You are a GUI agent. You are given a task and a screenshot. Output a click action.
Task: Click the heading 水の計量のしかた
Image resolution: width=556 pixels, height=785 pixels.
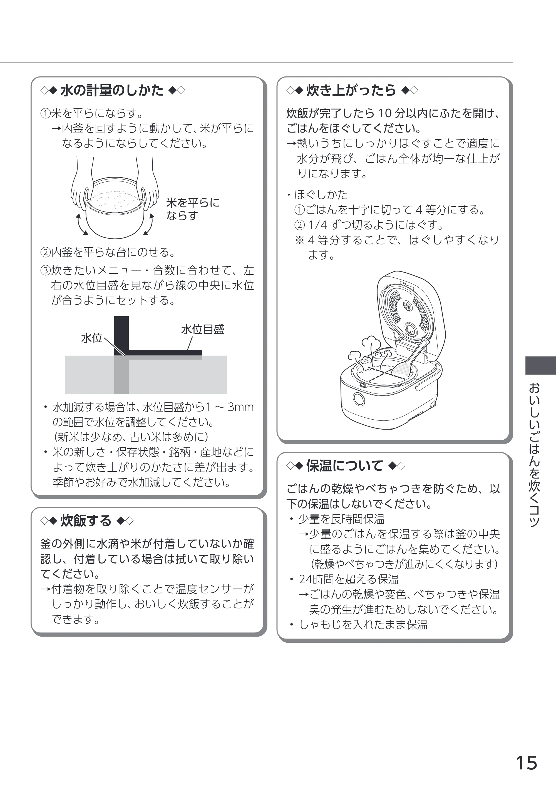[x=112, y=91]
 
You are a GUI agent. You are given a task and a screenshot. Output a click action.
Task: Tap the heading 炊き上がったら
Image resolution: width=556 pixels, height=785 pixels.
[x=351, y=91]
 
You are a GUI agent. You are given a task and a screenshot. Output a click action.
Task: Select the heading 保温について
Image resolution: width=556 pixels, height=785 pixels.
[x=344, y=466]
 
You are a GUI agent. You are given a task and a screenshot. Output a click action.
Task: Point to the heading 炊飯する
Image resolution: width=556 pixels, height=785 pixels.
[x=86, y=520]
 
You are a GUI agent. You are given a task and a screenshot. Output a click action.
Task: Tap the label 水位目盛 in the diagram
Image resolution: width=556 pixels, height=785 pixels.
[x=203, y=329]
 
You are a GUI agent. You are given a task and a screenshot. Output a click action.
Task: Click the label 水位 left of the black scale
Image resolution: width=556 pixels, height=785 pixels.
[x=92, y=338]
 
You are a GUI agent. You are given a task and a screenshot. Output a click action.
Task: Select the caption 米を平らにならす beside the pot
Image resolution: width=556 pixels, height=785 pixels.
[x=193, y=209]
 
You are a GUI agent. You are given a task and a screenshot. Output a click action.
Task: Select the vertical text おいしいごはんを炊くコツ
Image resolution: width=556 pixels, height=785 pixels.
[x=534, y=455]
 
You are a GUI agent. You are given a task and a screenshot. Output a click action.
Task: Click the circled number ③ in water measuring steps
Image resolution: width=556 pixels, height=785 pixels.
[x=46, y=271]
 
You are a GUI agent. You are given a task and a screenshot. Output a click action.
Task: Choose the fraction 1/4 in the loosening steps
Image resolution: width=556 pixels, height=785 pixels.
[x=318, y=225]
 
